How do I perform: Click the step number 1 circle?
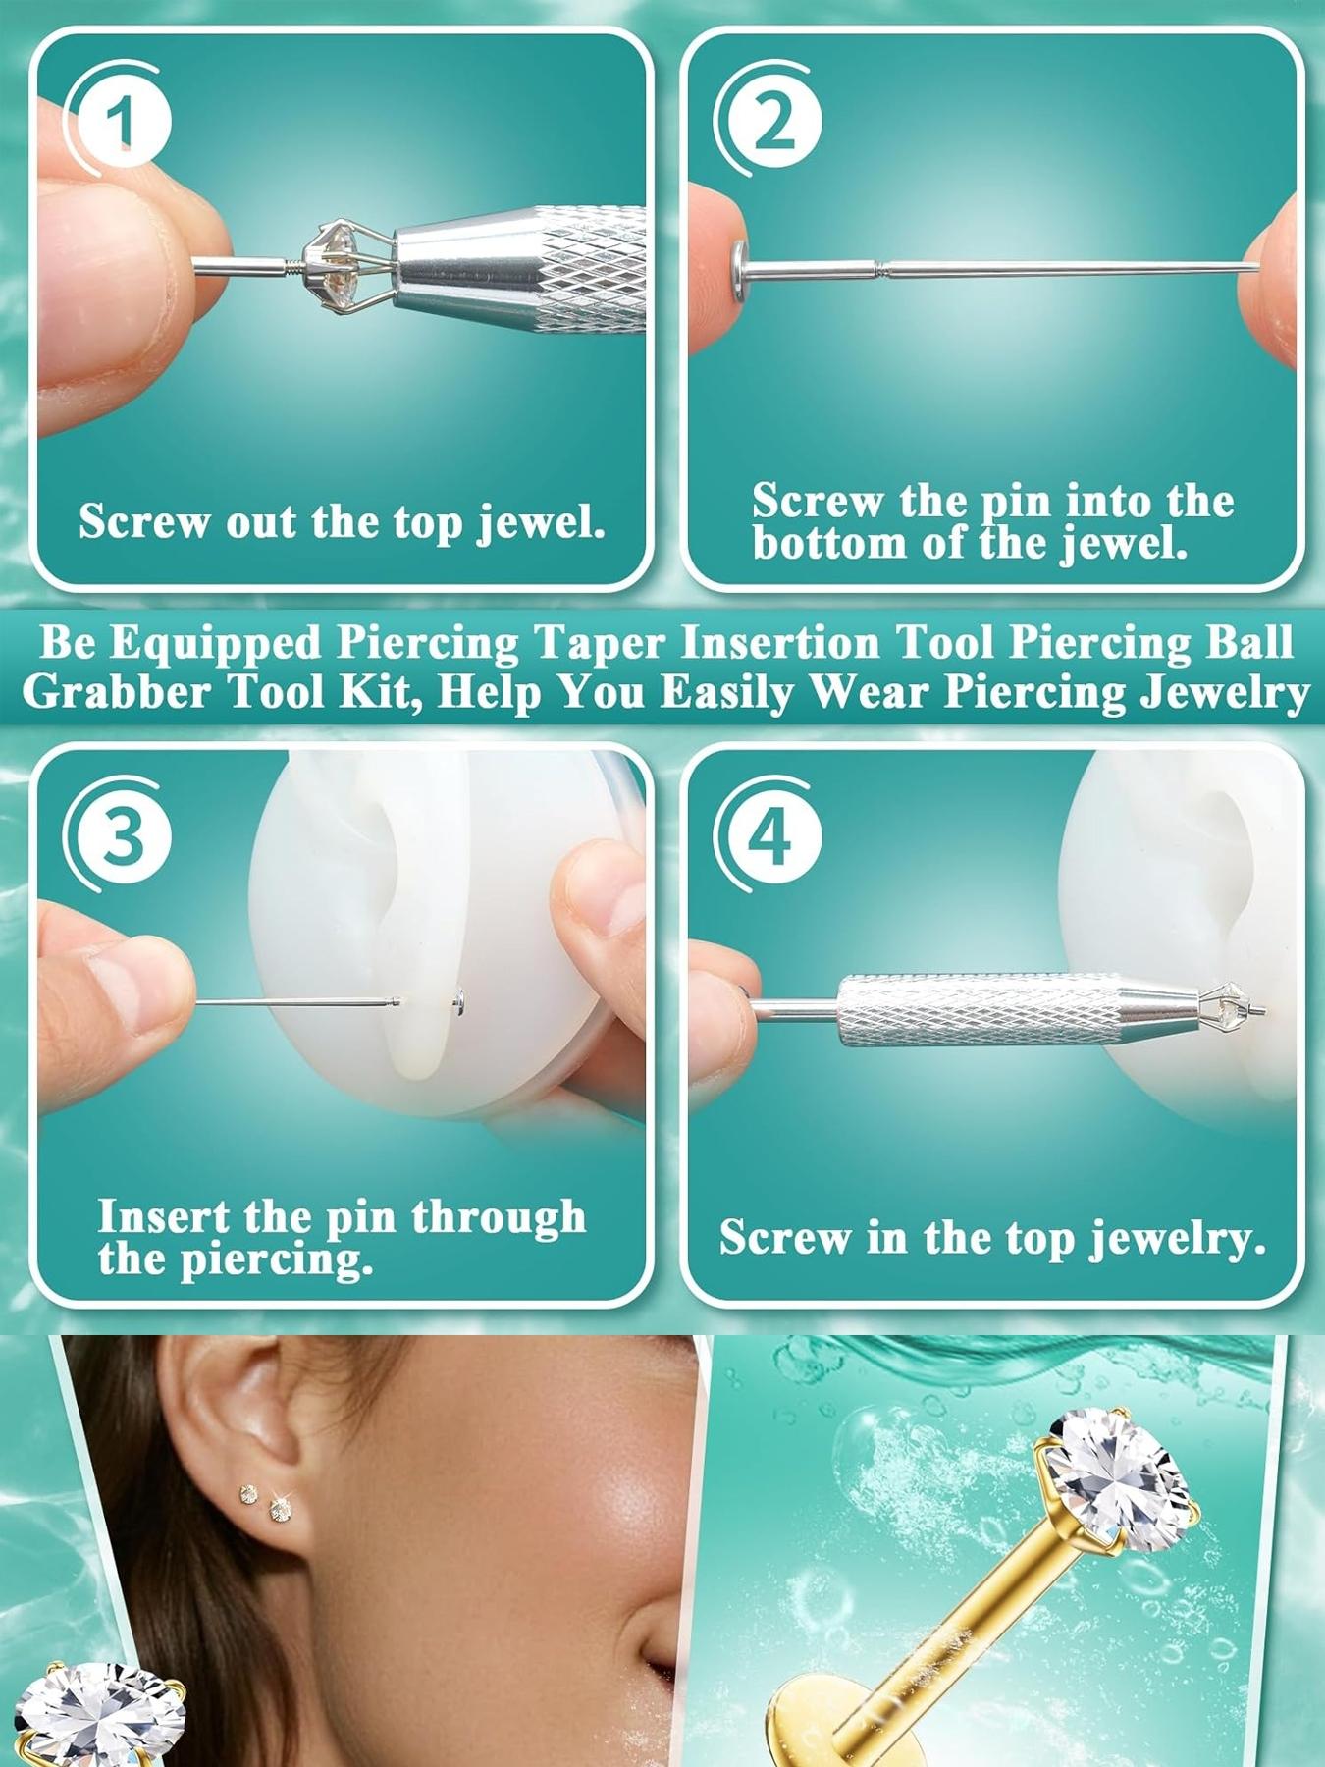point(122,124)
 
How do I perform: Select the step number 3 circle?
point(122,836)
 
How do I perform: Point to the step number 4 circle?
point(773,836)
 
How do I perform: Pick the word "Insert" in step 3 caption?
point(162,1217)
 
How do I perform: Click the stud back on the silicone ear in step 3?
point(459,1000)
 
